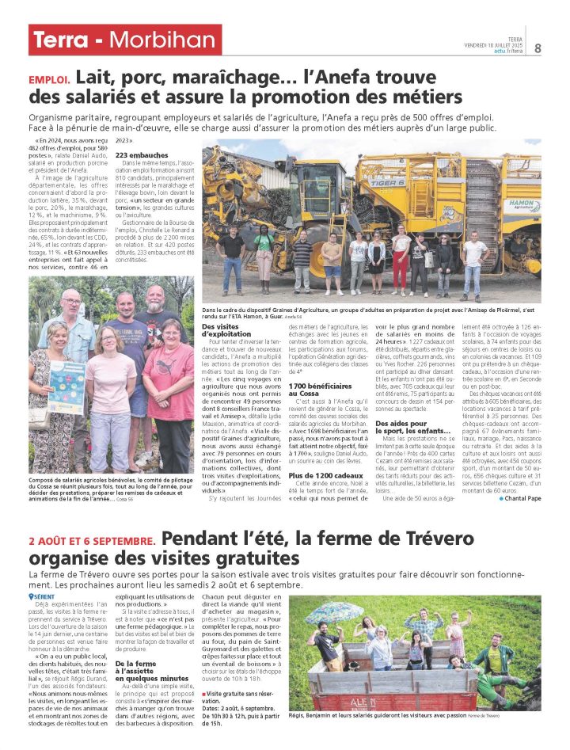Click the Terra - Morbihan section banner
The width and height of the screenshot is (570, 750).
(x=123, y=40)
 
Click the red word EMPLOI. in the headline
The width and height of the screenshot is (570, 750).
(x=51, y=80)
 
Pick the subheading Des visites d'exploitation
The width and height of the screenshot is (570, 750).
(x=224, y=330)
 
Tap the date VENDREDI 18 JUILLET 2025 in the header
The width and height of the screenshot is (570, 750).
(x=494, y=45)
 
